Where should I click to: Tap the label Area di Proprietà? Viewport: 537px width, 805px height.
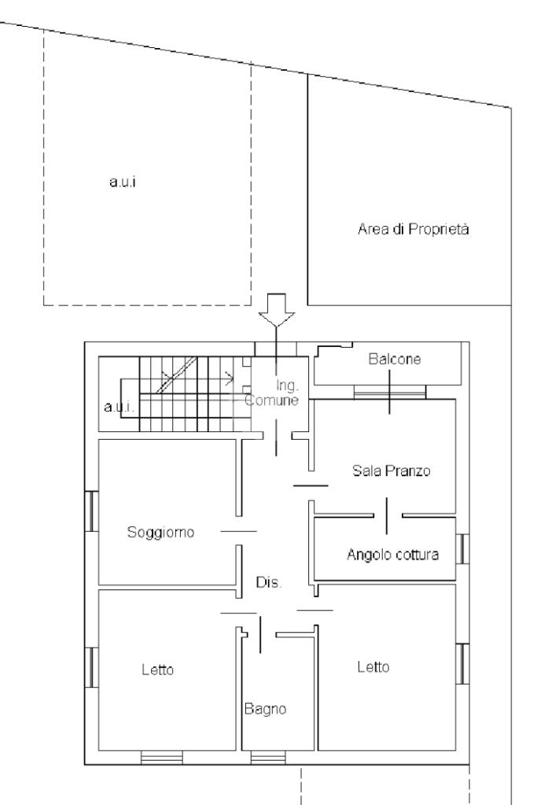tap(414, 230)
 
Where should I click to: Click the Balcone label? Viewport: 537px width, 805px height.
tap(395, 360)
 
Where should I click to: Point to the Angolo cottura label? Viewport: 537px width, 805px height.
tap(392, 554)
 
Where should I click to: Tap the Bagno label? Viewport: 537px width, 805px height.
tap(263, 707)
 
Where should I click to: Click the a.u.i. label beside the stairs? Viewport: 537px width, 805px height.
tap(118, 408)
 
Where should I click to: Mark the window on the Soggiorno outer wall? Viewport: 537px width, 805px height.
tap(90, 511)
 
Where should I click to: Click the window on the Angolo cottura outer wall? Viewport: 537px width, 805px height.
tap(464, 548)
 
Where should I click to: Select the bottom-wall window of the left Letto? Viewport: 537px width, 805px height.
tap(161, 758)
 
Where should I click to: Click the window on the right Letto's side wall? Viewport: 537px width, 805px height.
tap(464, 663)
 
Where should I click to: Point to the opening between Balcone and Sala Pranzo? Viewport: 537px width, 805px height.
tap(390, 391)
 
